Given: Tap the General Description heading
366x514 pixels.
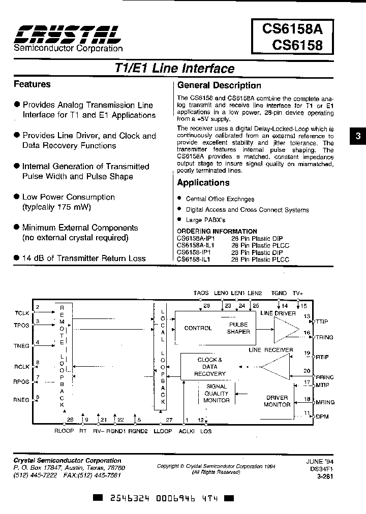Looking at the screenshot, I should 219,85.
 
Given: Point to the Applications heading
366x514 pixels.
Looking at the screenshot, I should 203,183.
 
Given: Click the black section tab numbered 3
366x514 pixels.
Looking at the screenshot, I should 357,136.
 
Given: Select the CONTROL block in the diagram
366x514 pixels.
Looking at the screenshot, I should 198,328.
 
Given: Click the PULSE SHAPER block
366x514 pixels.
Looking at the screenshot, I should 238,328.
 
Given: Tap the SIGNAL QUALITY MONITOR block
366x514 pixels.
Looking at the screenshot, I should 217,393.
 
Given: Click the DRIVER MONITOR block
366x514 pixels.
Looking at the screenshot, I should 277,401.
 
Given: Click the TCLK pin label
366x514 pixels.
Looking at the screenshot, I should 22,313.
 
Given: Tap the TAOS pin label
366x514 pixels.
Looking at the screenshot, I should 201,293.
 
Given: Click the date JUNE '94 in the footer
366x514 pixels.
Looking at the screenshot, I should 317,461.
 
